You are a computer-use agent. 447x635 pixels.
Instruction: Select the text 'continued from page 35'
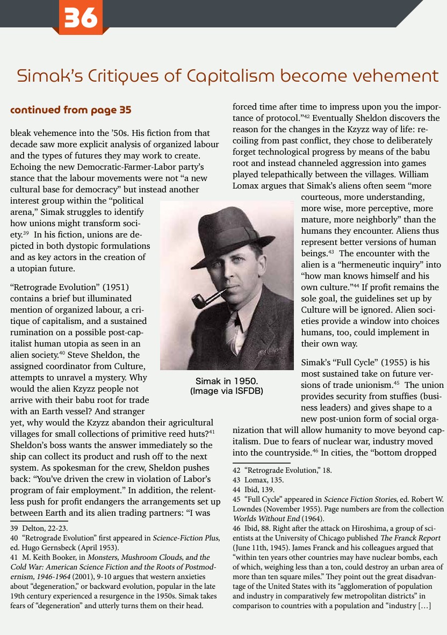pos(71,111)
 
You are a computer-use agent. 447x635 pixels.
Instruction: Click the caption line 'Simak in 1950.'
pos(227,381)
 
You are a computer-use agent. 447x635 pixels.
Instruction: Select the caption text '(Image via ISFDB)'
pos(227,391)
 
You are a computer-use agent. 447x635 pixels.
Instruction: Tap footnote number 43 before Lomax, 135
pos(237,480)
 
